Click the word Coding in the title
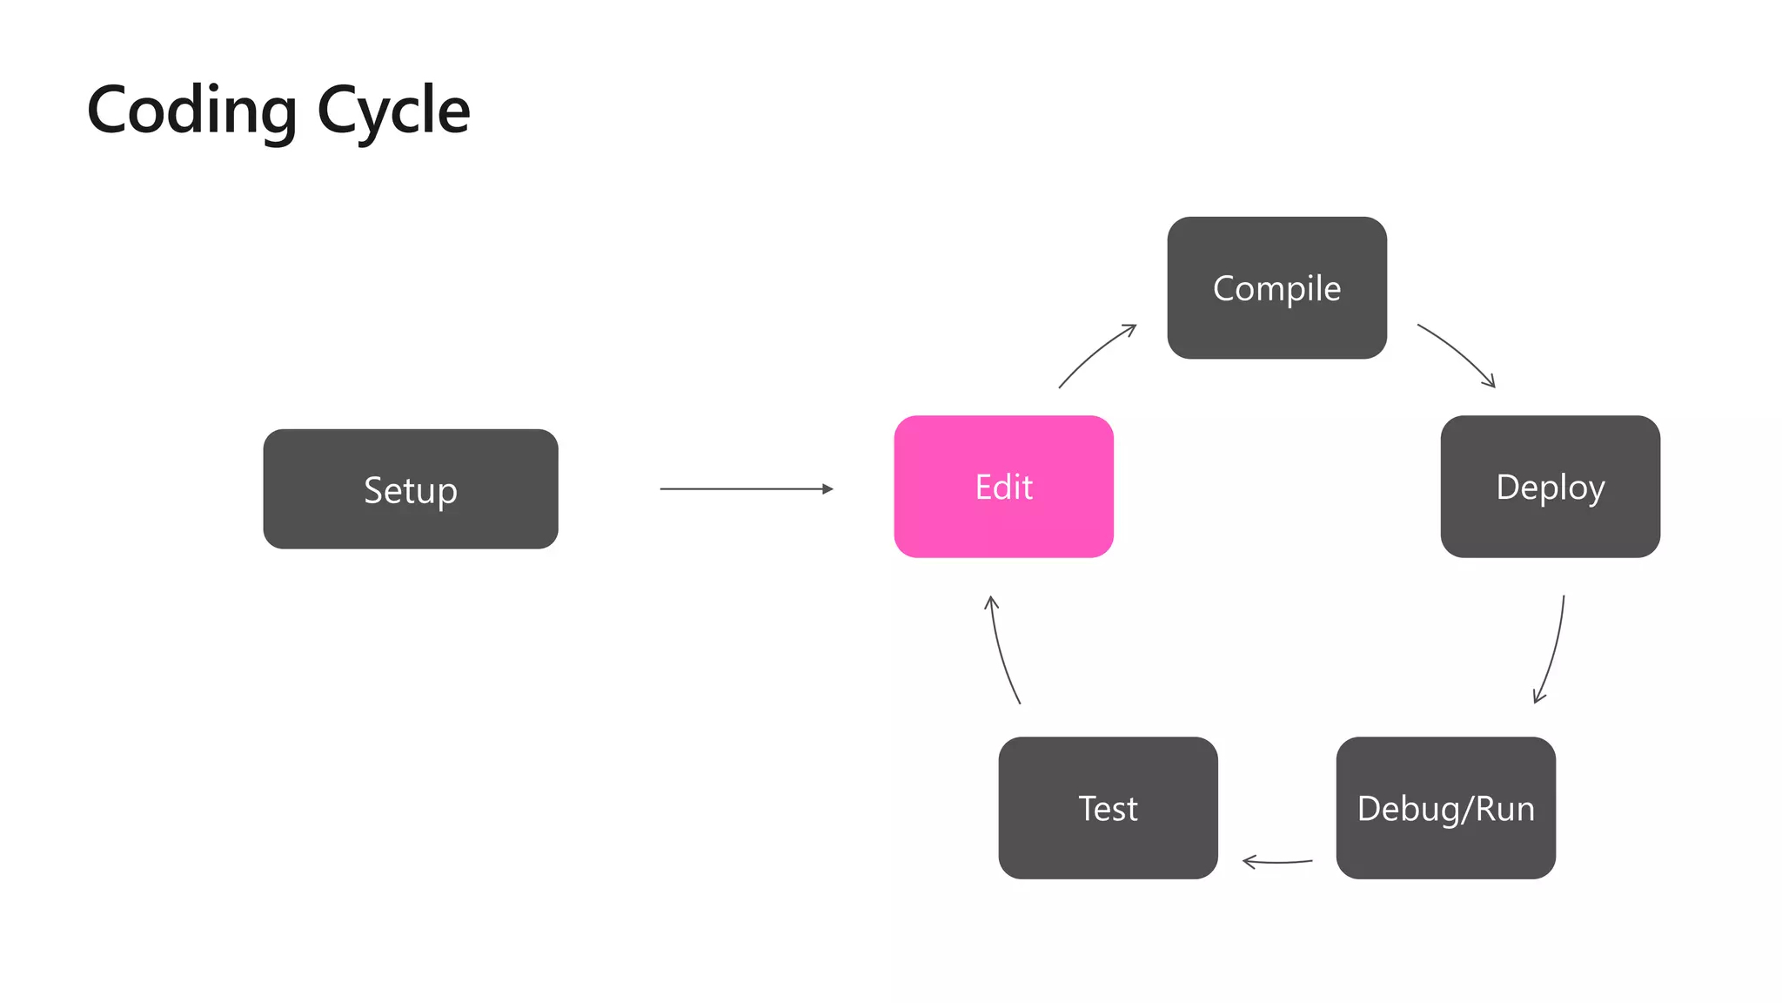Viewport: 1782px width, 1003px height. pyautogui.click(x=192, y=111)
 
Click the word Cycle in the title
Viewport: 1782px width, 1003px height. pyautogui.click(x=393, y=111)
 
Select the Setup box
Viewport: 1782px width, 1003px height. pyautogui.click(x=410, y=489)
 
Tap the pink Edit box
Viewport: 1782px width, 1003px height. pyautogui.click(x=1003, y=487)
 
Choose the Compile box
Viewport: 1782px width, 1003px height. pyautogui.click(x=1276, y=288)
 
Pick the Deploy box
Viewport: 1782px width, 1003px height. pyautogui.click(x=1550, y=487)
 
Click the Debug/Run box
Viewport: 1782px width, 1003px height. pyautogui.click(x=1445, y=808)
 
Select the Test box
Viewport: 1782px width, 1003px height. pyautogui.click(x=1108, y=808)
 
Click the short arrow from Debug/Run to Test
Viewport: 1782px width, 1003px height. pyautogui.click(x=1277, y=862)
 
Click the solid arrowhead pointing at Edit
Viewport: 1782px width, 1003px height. pyautogui.click(x=827, y=489)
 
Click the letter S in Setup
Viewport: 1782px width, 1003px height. pyautogui.click(x=372, y=490)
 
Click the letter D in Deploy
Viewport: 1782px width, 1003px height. pyautogui.click(x=1507, y=487)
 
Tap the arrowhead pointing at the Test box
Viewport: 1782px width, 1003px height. pyautogui.click(x=1248, y=862)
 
